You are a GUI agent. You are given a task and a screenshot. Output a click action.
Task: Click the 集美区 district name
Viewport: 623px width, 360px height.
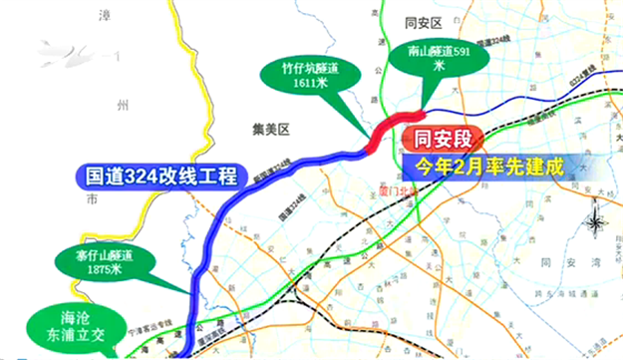pyautogui.click(x=269, y=129)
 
